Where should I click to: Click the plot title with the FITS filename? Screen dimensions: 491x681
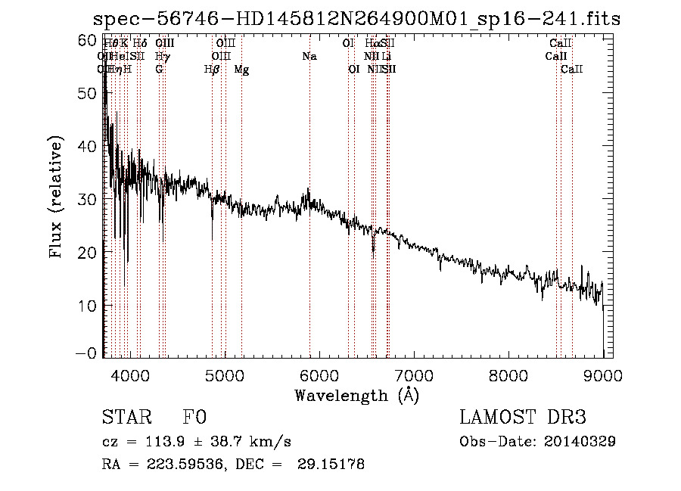click(x=356, y=19)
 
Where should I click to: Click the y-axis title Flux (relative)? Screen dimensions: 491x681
click(x=56, y=197)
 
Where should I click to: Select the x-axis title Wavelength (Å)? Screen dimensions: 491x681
click(x=356, y=395)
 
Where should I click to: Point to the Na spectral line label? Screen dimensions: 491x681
click(x=309, y=57)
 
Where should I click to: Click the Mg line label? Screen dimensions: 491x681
click(x=241, y=70)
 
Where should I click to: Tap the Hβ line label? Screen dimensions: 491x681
click(x=212, y=70)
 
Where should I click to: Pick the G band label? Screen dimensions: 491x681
click(x=159, y=70)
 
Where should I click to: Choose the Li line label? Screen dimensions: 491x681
click(x=386, y=57)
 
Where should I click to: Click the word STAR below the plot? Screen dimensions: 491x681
click(x=126, y=418)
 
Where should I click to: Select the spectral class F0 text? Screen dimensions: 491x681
click(x=194, y=418)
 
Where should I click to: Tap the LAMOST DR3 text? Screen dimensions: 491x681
click(x=522, y=418)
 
